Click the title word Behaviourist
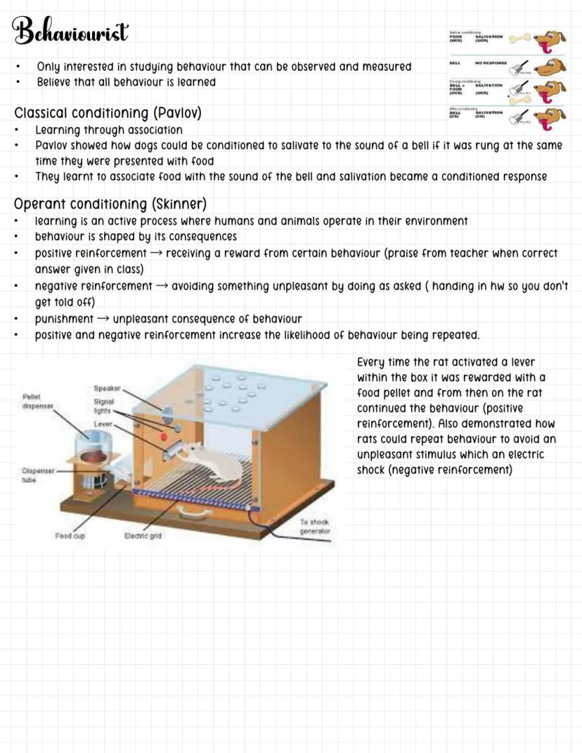click(x=70, y=32)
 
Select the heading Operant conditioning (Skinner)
click(x=110, y=205)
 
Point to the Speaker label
click(x=108, y=388)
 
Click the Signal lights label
click(x=104, y=406)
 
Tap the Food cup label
click(x=70, y=536)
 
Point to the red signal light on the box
click(x=164, y=437)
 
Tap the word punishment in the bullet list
click(x=64, y=319)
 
